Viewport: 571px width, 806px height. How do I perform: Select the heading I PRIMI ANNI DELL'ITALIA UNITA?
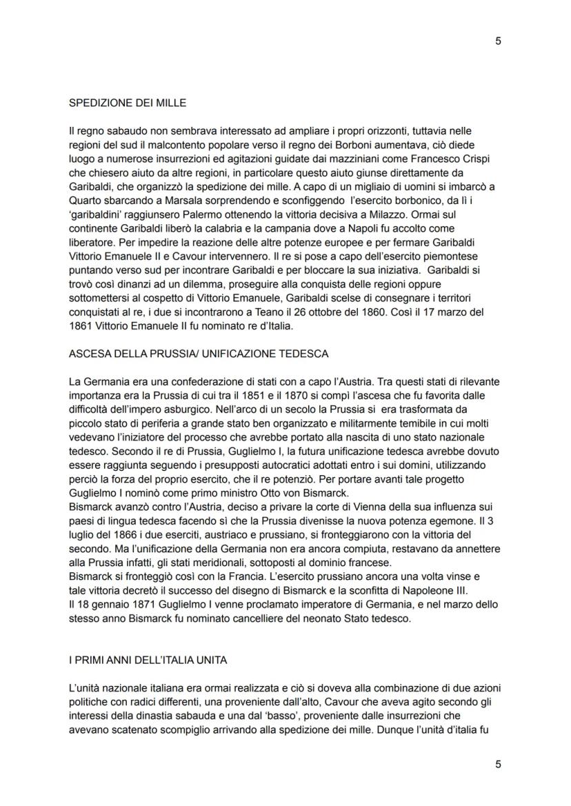pyautogui.click(x=148, y=660)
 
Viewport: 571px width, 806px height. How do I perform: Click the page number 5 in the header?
pyautogui.click(x=498, y=41)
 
